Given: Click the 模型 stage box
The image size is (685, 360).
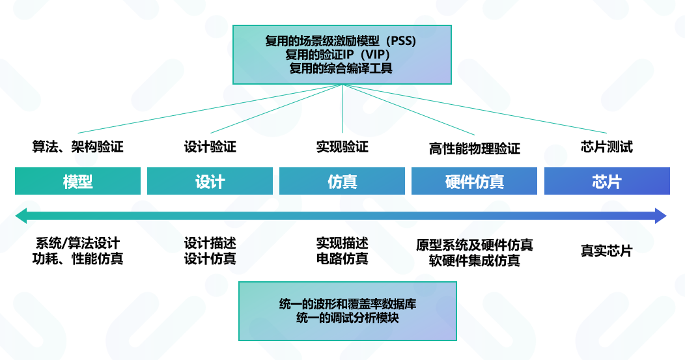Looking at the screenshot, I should pos(77,181).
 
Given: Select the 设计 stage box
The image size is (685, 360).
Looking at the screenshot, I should pos(210,181).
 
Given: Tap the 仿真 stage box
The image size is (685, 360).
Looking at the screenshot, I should pos(342,181).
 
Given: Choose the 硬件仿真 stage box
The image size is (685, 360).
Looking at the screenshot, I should pos(474,181).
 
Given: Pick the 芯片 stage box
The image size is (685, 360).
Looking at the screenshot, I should pos(607,181).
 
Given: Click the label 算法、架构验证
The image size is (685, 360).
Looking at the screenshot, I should pos(77,147).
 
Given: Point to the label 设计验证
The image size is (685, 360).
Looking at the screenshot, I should pos(210,147).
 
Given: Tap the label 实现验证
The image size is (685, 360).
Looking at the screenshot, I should pos(342,147).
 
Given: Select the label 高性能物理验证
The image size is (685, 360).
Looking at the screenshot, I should pos(474,149).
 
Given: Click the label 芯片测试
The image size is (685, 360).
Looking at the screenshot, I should pos(606,147).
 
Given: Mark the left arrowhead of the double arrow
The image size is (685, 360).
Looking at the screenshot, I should pos(21,215).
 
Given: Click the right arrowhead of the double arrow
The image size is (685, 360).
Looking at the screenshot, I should pos(661,215).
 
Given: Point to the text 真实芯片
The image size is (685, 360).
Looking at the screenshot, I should pos(606,251).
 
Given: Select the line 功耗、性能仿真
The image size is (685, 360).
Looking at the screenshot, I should pos(77,259).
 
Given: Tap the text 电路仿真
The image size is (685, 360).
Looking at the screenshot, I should pos(342,259).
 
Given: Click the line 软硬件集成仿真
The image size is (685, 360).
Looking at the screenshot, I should pos(474,261).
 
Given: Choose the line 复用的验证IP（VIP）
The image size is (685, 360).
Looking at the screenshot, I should pos(342,54).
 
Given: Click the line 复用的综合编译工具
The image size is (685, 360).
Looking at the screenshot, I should pos(342,68).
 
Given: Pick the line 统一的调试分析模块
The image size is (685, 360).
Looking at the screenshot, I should pos(347,318).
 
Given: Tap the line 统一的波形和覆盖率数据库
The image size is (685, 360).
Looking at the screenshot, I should pos(347,305).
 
